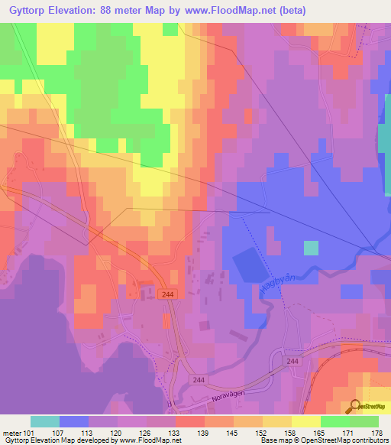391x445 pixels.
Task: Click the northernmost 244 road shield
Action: click(168, 294)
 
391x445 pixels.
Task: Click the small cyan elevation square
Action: click(311, 248)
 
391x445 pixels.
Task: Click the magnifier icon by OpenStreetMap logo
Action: click(356, 406)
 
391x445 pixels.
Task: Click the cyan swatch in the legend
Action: click(45, 421)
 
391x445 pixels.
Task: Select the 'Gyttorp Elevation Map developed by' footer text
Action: click(57, 440)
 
